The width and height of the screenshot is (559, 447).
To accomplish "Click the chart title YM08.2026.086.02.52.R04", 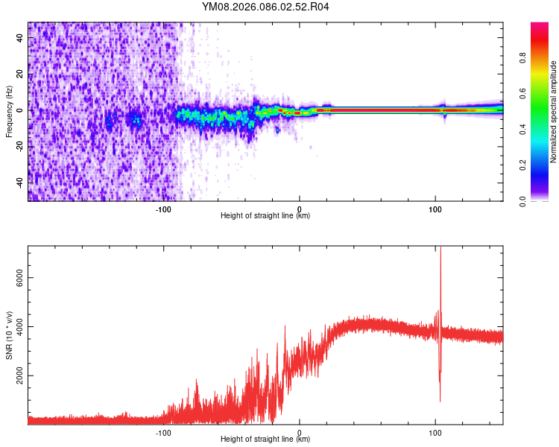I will [265, 7].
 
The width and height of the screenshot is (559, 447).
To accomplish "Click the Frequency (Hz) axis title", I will [9, 112].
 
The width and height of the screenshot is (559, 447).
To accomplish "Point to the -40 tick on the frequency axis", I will [20, 182].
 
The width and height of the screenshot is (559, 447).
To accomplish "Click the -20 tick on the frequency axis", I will [20, 146].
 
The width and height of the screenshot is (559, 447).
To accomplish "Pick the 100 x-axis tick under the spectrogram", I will [435, 208].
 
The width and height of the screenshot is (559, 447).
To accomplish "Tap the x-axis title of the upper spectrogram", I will [265, 216].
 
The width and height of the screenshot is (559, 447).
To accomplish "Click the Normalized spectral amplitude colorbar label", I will [554, 112].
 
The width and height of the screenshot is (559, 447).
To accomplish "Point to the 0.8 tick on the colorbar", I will [544, 57].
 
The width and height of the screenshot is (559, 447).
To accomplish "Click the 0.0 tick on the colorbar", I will [544, 200].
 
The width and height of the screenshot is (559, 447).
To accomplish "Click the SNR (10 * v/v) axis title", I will [10, 335].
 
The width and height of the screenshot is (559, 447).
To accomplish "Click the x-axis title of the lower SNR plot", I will [265, 440].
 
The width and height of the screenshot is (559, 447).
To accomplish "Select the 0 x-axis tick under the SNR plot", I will [300, 431].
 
